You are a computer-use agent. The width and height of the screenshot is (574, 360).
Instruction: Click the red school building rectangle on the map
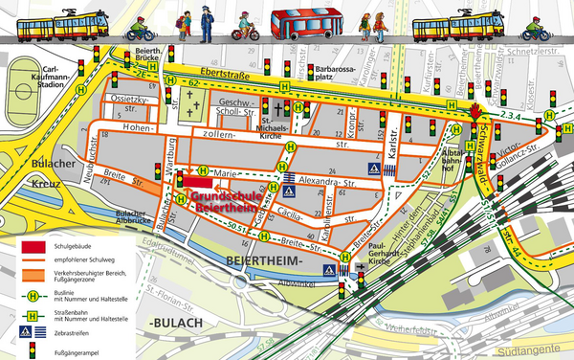pos(198,182)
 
